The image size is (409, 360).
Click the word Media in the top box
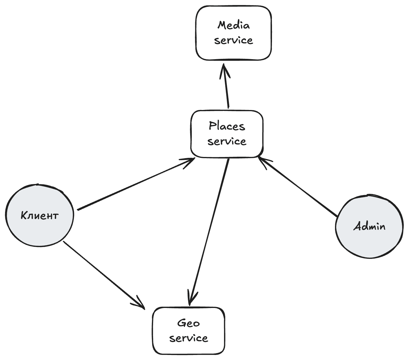coord(234,26)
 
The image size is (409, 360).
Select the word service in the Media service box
coord(234,40)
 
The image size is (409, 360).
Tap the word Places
coord(227,126)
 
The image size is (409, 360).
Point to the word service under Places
coord(227,141)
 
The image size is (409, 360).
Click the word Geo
coord(188,323)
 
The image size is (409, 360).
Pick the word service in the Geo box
coord(188,338)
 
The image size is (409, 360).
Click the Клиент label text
coord(40,215)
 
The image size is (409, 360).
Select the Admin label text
coord(369,226)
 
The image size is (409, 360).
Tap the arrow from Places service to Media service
coord(226,86)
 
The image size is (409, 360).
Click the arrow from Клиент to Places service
coord(136,184)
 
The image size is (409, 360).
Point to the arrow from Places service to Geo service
coord(209,232)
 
